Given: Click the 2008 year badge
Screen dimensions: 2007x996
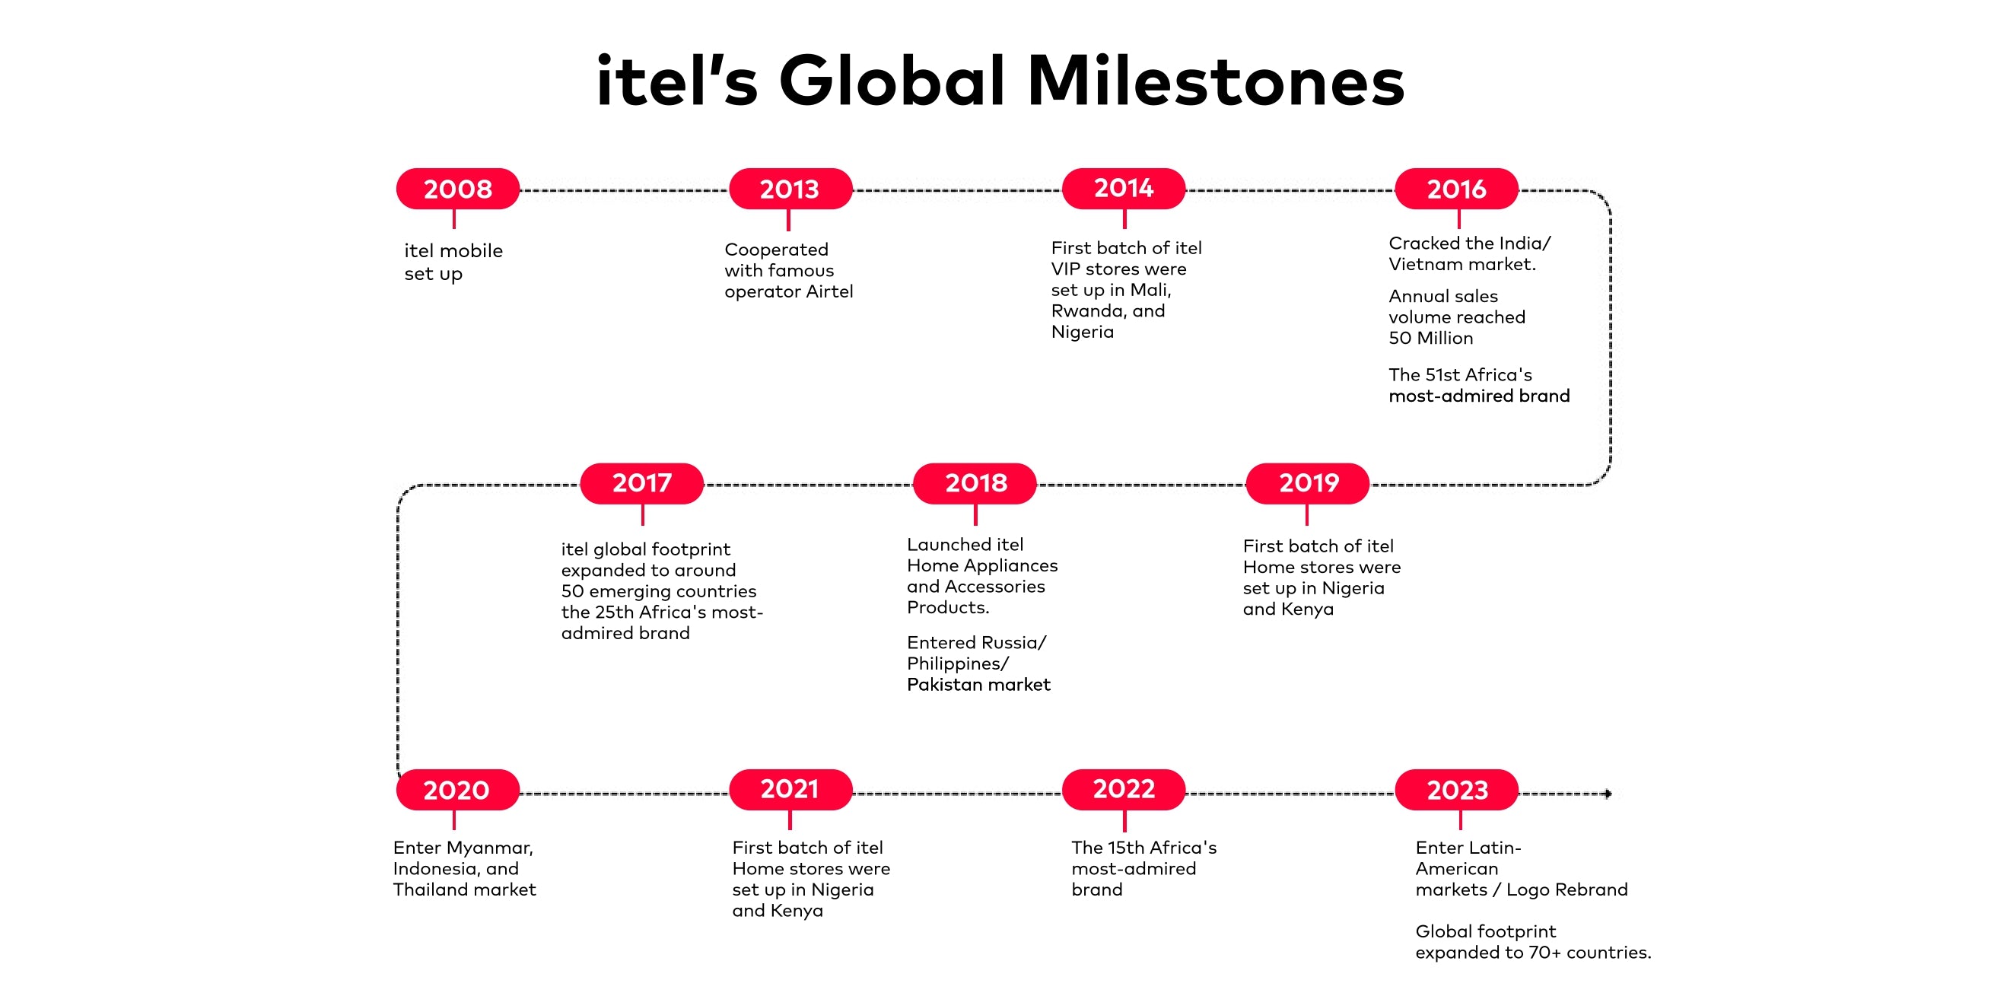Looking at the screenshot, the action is pos(457,189).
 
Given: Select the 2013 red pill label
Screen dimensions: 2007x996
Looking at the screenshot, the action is pos(790,189).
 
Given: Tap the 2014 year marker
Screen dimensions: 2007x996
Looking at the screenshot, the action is pos(1124,189).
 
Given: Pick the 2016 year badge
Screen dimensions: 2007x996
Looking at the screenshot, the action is pos(1456,189).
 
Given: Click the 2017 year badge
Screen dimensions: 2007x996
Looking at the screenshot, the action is pos(642,483).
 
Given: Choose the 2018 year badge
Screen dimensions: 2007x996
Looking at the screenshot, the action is pos(975,483).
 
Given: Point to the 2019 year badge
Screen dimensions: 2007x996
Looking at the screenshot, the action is pos(1307,483).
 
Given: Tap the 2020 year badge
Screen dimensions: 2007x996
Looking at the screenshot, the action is pos(457,790).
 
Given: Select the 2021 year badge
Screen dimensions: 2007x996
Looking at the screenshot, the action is pos(790,790).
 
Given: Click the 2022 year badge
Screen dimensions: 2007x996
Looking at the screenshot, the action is pos(1124,790).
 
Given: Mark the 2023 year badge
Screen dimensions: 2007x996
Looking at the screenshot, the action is pos(1456,790).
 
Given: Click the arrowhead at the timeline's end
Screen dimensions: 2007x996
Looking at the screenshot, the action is pos(1608,794).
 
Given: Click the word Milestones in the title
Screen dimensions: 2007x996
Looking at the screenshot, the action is pos(1216,82).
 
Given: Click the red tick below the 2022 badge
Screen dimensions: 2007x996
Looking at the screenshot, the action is pos(1124,821).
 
